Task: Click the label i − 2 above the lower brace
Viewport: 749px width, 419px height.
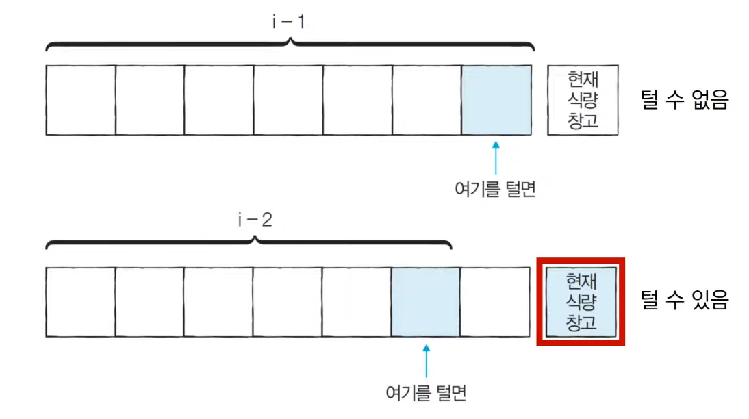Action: (x=255, y=220)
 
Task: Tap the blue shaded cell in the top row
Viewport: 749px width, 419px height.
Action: (x=496, y=100)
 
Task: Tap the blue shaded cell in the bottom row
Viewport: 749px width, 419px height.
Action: (x=425, y=302)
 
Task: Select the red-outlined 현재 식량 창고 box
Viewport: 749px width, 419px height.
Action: (x=581, y=302)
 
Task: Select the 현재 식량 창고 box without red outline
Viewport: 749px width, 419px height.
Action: (x=583, y=100)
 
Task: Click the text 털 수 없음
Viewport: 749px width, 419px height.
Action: (x=684, y=100)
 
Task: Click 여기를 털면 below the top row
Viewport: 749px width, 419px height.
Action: (x=495, y=189)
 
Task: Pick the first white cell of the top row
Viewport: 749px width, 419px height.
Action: (x=81, y=100)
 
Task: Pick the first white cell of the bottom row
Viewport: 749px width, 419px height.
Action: (x=80, y=302)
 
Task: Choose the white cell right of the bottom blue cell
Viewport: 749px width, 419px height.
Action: (x=495, y=302)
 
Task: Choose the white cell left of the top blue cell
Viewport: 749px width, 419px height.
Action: (x=426, y=100)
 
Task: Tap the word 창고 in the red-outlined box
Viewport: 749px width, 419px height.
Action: (x=581, y=320)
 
